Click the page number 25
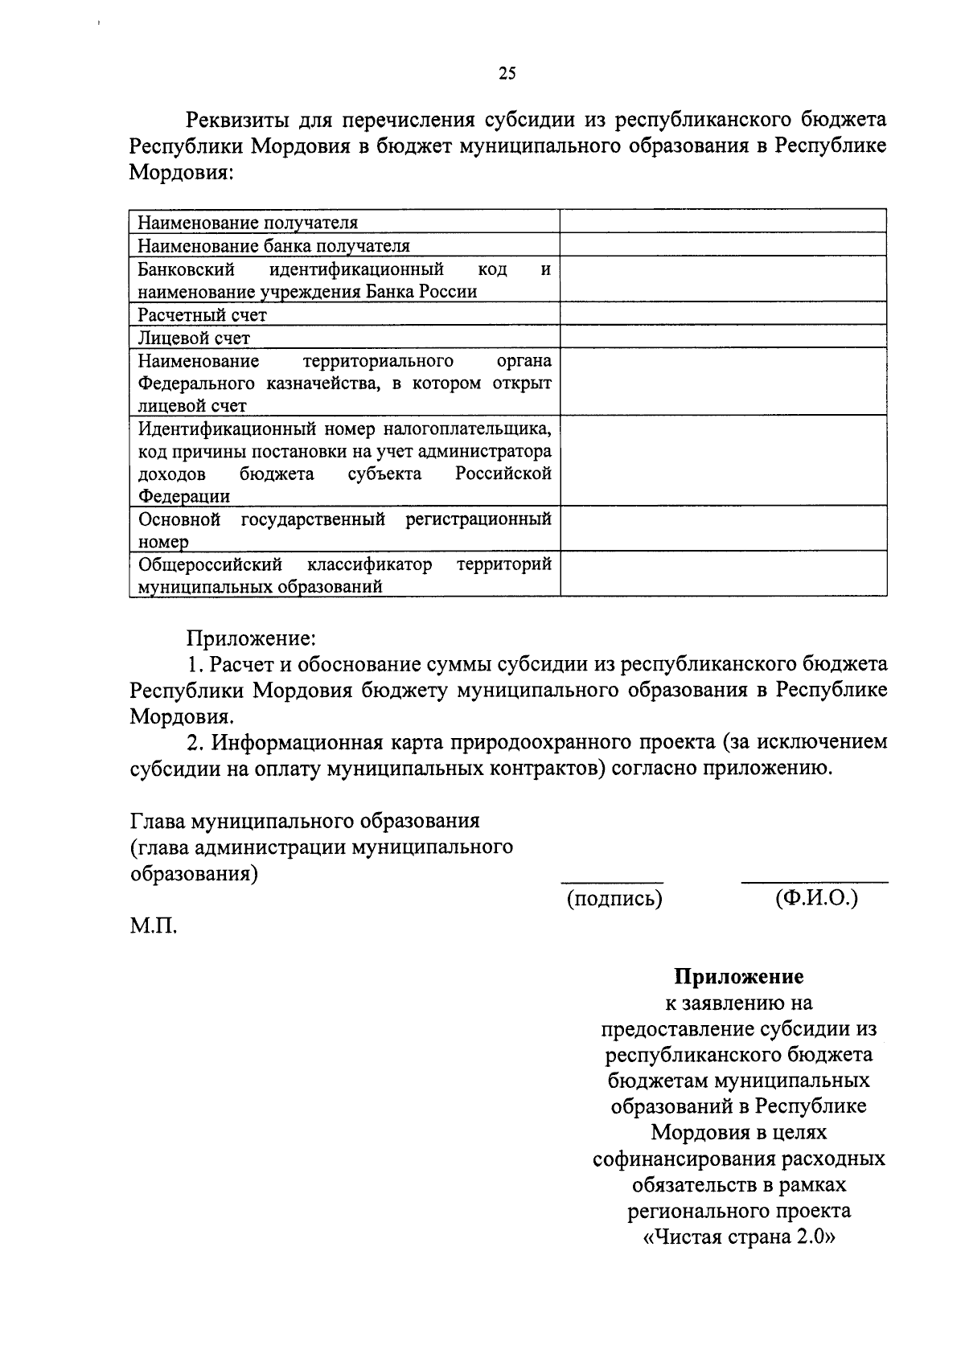(507, 74)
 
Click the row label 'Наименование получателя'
(248, 223)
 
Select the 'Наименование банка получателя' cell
(273, 246)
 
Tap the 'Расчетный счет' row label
(202, 315)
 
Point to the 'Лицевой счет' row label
(194, 338)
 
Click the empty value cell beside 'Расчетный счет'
(723, 314)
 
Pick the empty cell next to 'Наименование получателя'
(723, 222)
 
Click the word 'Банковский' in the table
(186, 269)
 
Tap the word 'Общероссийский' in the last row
(210, 564)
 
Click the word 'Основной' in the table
(179, 519)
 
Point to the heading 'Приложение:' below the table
(252, 639)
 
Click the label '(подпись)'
(614, 899)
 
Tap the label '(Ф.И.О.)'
(816, 898)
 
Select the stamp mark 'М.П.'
(154, 926)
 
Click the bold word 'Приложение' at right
(738, 977)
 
